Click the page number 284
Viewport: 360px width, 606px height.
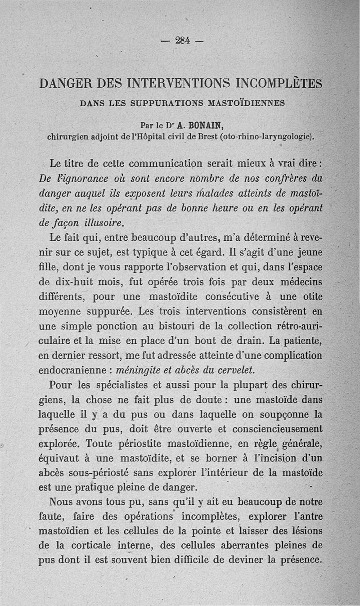tap(182, 40)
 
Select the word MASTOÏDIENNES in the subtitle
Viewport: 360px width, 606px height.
tap(246, 103)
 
